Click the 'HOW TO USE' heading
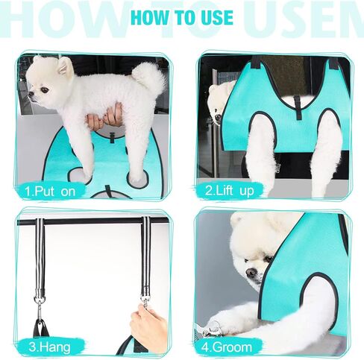pyautogui.click(x=182, y=17)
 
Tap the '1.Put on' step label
pyautogui.click(x=53, y=191)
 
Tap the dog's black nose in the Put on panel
pyautogui.click(x=31, y=95)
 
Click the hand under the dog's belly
pyautogui.click(x=104, y=119)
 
